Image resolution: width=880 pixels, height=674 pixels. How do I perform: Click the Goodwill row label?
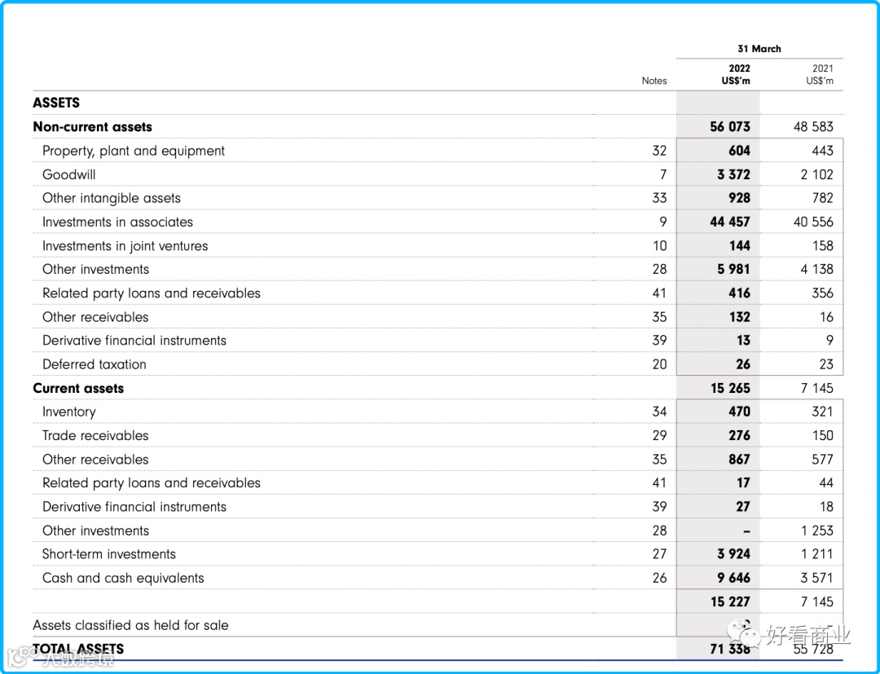(x=68, y=174)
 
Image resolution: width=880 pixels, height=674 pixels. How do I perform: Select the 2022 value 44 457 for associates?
(x=730, y=222)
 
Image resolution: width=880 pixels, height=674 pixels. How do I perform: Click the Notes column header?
(x=653, y=81)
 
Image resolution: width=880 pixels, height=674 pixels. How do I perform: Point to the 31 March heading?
(x=759, y=49)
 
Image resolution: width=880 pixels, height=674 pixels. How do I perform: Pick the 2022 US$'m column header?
(x=736, y=74)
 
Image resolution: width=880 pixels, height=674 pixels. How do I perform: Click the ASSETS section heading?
(x=56, y=103)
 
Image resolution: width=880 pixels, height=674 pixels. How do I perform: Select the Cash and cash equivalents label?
(x=123, y=578)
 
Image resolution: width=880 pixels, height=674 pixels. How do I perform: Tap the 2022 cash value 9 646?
(x=733, y=578)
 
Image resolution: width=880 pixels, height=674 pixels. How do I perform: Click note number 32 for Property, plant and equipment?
(x=659, y=151)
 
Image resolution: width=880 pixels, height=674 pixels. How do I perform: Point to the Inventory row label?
(x=68, y=412)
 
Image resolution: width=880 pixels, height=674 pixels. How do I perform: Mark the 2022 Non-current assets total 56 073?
(x=730, y=127)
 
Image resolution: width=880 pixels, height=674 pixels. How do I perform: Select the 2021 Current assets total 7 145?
(x=816, y=388)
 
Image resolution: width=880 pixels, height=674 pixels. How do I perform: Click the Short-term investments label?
(x=109, y=554)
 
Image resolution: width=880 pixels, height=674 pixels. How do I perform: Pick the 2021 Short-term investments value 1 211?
(x=816, y=554)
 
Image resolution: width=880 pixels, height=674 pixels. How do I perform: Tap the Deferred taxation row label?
(x=95, y=364)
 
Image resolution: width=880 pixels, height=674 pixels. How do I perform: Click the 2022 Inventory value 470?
(x=739, y=412)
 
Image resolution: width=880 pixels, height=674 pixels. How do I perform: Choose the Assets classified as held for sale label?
(x=130, y=625)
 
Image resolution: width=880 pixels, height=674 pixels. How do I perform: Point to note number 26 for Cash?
(x=659, y=578)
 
